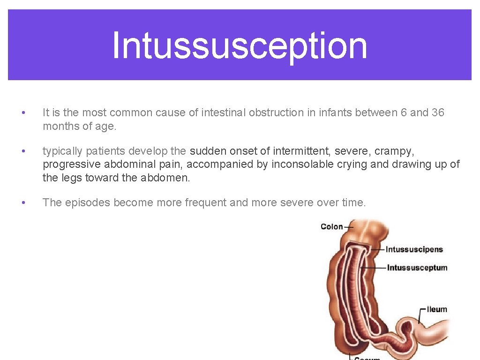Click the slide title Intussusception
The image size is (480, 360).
point(240,45)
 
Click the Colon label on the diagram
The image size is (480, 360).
point(331,227)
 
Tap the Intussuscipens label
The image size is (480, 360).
point(414,249)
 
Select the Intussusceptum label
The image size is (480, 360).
point(417,268)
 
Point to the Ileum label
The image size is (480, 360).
point(437,309)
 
